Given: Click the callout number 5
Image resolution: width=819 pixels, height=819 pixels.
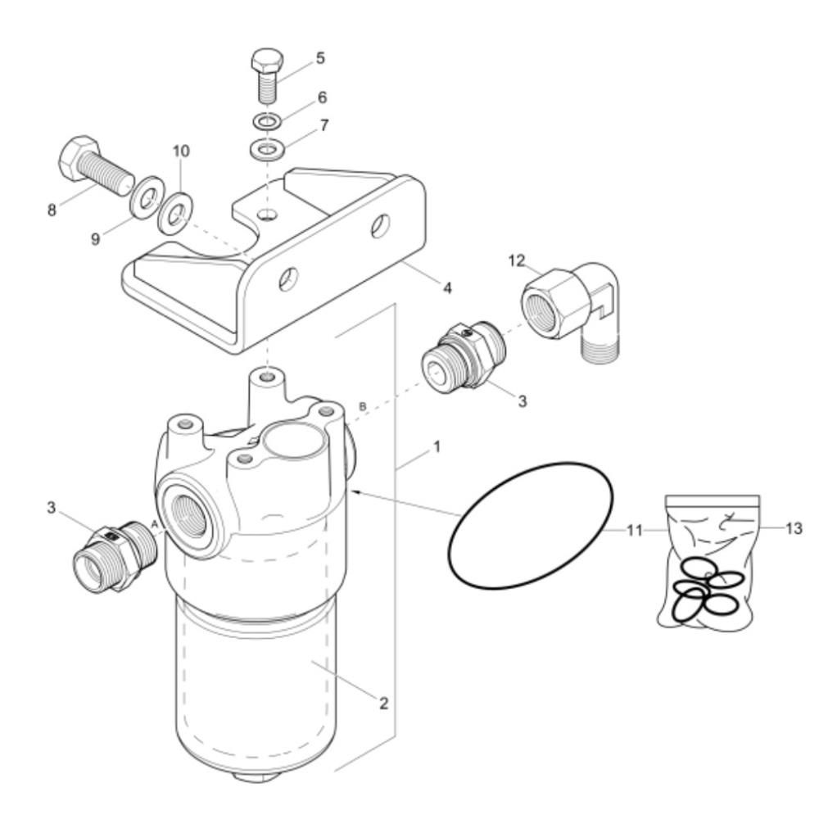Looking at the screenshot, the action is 320,58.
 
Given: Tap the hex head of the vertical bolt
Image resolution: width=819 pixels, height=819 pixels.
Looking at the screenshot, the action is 268,61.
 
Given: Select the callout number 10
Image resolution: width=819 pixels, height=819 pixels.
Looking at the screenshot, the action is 181,151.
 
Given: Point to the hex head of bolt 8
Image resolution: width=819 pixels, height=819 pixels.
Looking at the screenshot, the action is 77,157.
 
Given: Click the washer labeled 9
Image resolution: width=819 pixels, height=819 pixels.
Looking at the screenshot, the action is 147,198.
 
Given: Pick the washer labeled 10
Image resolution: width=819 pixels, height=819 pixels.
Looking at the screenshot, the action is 175,214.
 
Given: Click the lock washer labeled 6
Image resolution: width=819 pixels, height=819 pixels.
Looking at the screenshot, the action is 268,121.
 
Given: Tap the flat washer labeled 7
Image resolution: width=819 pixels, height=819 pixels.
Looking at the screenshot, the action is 268,149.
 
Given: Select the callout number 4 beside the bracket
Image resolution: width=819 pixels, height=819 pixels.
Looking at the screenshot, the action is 447,287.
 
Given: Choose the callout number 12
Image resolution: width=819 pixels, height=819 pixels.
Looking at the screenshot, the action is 517,260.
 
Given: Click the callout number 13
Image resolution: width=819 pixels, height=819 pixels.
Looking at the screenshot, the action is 794,528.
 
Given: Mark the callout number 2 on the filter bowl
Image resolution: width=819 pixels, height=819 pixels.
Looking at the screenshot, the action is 384,703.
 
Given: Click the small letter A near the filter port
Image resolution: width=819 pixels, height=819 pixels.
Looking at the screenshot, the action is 155,523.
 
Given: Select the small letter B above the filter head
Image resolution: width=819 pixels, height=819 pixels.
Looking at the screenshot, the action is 363,406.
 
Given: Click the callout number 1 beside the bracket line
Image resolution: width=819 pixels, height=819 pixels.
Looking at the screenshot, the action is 437,446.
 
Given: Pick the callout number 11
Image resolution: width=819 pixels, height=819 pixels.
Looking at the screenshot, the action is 634,531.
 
